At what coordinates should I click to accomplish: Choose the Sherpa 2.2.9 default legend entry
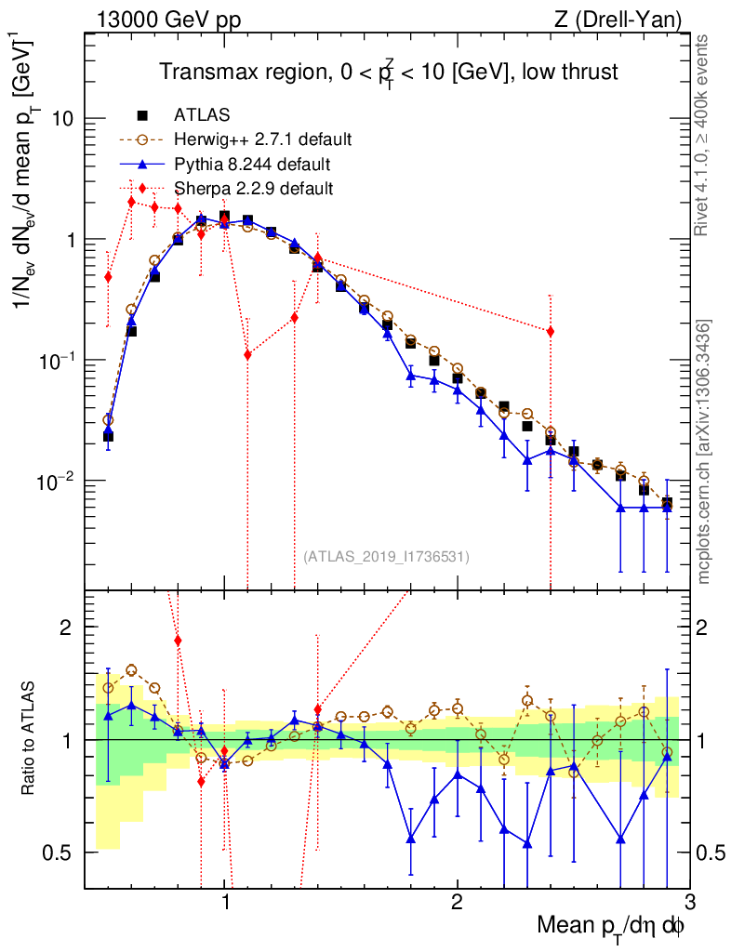coord(254,189)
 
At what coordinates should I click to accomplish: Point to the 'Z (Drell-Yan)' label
coord(629,20)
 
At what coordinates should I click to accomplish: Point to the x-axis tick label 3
coord(688,903)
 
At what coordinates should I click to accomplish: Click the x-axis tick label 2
coord(457,903)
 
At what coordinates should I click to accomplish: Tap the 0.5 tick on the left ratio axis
coord(60,852)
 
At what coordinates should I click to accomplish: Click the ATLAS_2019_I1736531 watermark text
coord(386,557)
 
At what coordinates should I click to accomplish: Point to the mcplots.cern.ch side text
coord(704,451)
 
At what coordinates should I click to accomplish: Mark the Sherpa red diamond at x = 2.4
coord(551,331)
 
